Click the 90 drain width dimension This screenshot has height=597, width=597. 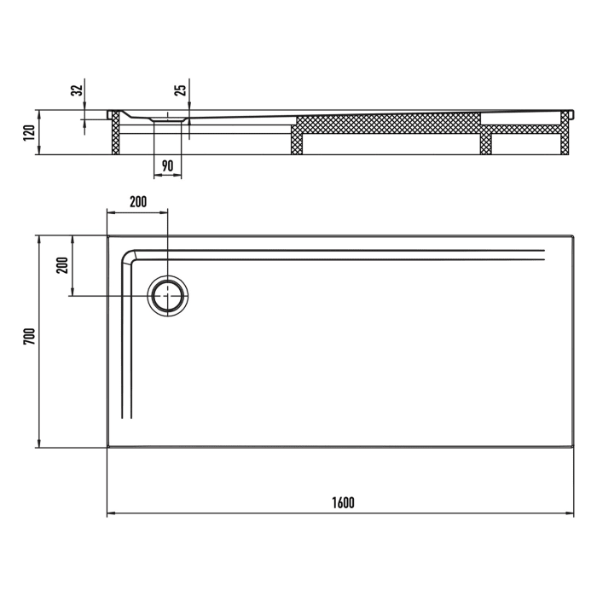click(167, 165)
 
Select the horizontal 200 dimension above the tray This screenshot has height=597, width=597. click(137, 202)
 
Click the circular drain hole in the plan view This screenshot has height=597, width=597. click(168, 295)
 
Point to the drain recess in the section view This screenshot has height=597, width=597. click(168, 121)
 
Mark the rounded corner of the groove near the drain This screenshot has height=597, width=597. click(130, 256)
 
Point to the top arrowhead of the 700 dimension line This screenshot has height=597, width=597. click(38, 239)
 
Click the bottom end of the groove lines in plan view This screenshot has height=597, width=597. click(126, 416)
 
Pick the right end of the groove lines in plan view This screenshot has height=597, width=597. click(542, 253)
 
